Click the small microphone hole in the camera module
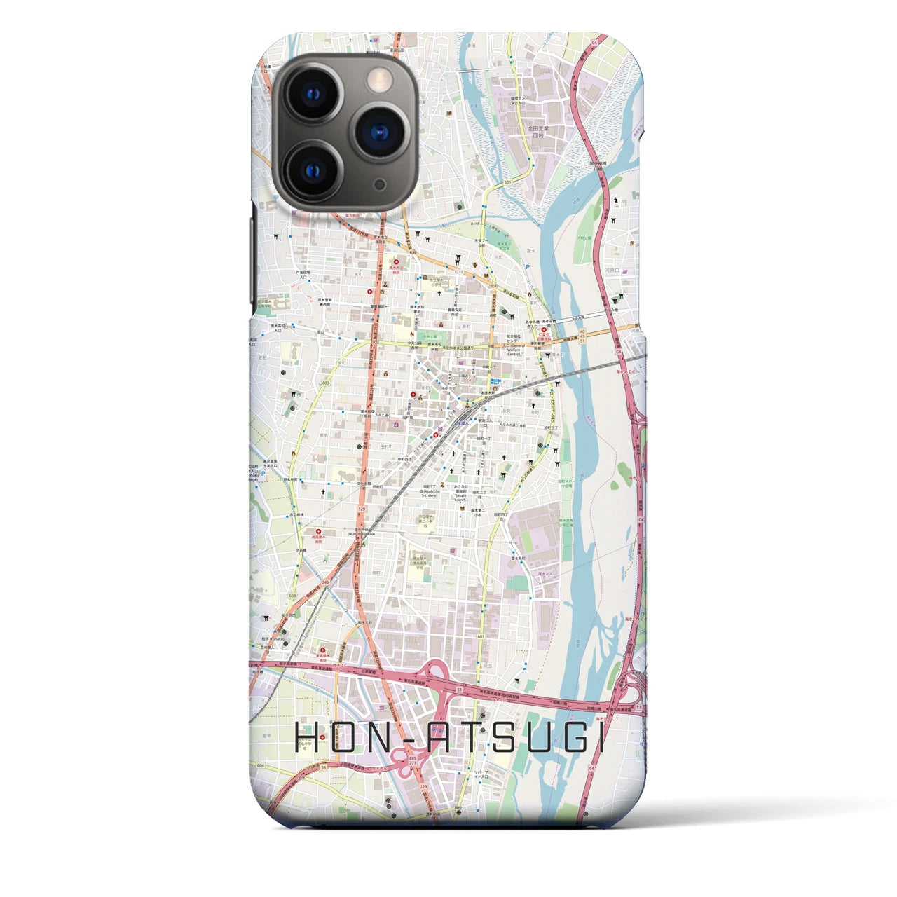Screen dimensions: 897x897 379,184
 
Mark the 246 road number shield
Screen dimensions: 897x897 326,582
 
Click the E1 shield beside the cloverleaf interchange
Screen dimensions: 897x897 460,690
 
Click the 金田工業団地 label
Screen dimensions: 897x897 540,132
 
